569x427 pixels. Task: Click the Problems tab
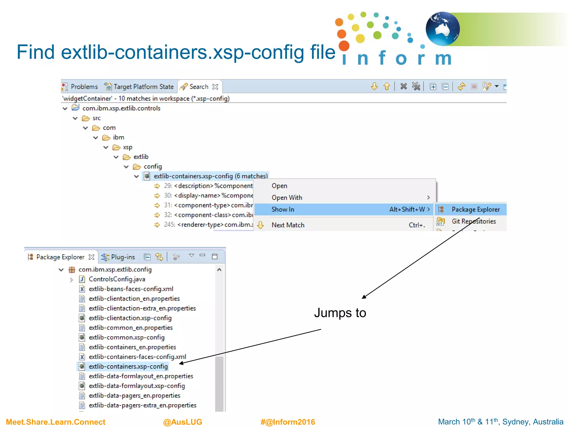click(84, 87)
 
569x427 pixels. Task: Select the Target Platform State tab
click(143, 87)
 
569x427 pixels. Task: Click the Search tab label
click(199, 87)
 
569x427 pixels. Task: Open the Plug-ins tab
click(123, 257)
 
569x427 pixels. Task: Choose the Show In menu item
click(283, 209)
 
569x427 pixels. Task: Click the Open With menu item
click(287, 198)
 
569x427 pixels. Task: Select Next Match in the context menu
click(288, 225)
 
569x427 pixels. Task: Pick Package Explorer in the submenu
click(475, 209)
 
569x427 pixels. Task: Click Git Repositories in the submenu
click(473, 221)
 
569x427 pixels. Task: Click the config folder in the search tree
click(153, 167)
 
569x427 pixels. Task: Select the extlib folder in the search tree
click(141, 157)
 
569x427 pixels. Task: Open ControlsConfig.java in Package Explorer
click(117, 279)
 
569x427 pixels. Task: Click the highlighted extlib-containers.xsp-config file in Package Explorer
click(128, 366)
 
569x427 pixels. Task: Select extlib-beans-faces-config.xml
click(131, 289)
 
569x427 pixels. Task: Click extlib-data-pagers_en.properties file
click(134, 396)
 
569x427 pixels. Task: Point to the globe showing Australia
click(443, 29)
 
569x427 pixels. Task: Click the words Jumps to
click(340, 313)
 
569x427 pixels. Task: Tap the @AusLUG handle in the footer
click(183, 422)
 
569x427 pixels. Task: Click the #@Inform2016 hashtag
click(288, 422)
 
